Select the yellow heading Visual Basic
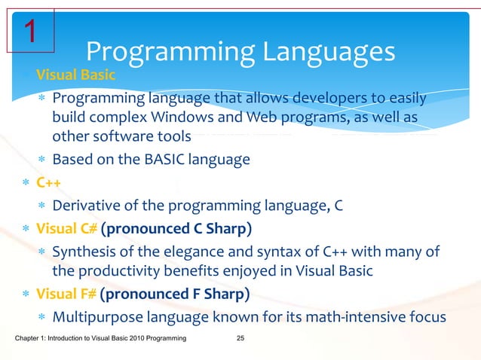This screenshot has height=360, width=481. click(x=75, y=78)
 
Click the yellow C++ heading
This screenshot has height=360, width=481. click(x=48, y=183)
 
